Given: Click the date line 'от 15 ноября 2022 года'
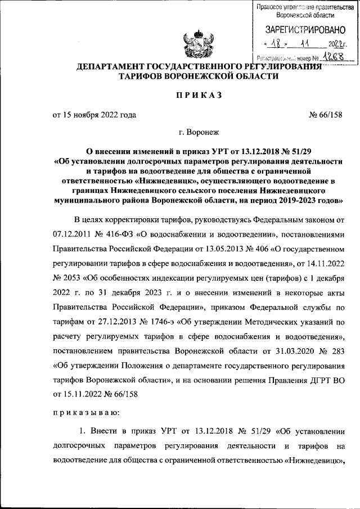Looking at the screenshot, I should coord(94,115).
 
